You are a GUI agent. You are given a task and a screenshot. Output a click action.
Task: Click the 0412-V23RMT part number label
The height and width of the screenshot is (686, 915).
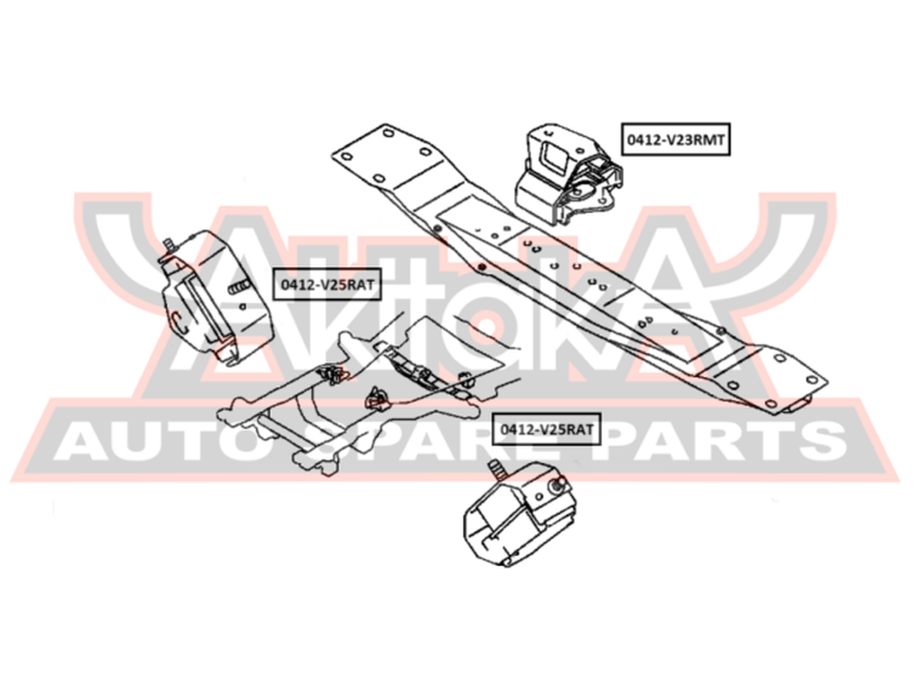coord(676,139)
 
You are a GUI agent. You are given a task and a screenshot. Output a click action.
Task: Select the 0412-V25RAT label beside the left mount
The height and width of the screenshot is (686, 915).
coord(327,284)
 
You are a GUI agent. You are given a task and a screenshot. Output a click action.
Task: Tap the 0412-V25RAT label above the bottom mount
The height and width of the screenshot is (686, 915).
coord(547,429)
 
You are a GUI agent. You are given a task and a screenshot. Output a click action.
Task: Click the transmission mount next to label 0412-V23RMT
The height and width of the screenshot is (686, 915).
coord(568,175)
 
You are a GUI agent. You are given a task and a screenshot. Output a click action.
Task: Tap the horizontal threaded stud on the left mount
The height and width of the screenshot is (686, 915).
coord(241,287)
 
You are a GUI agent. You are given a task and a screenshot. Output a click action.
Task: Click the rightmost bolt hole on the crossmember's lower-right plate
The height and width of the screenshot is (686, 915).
coord(812,380)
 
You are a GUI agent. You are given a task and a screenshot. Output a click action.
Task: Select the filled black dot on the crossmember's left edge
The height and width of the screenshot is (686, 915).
coord(481,267)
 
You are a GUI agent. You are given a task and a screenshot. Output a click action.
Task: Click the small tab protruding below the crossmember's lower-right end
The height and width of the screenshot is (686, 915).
coord(798,403)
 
